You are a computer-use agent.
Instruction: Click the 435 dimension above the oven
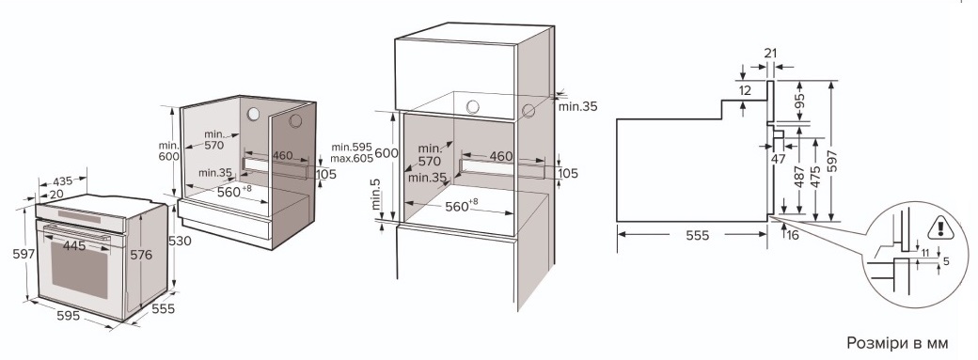[62, 180]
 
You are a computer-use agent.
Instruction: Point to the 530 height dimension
[181, 241]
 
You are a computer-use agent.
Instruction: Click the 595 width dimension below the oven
[68, 316]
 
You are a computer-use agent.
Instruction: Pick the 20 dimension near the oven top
[56, 194]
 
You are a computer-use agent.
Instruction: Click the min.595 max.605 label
[352, 153]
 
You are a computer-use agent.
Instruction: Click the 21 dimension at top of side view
[771, 54]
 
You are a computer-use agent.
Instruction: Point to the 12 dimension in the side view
[745, 90]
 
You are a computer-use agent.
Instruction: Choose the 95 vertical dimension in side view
[800, 101]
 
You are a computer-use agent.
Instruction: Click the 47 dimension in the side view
[778, 159]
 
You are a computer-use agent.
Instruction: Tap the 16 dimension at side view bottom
[793, 235]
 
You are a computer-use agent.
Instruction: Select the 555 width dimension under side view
[698, 235]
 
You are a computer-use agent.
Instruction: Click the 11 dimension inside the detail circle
[925, 252]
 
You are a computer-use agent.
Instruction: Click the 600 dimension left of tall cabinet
[386, 153]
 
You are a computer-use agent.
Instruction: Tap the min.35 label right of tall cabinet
[577, 106]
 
